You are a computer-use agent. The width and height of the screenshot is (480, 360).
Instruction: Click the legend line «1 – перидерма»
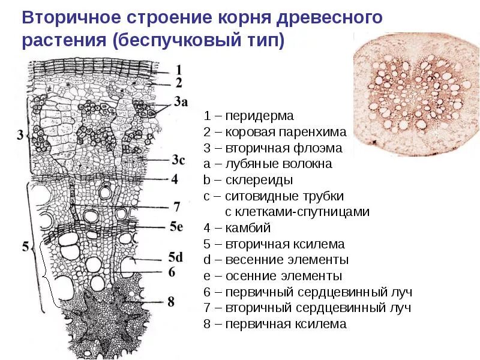pos(248,116)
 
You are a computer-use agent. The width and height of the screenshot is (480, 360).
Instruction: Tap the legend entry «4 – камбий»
pos(237,228)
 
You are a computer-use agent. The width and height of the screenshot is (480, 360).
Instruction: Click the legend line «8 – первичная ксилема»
pos(275,324)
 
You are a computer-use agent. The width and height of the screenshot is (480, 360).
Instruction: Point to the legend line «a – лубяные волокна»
pos(268,164)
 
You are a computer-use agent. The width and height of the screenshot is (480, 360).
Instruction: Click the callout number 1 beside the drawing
pos(178,70)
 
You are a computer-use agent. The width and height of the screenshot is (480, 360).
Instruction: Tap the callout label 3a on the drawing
pos(180,102)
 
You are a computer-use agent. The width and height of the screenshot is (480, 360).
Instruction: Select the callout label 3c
pos(178,160)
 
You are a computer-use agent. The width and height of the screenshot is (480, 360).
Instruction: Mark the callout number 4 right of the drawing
pos(175,179)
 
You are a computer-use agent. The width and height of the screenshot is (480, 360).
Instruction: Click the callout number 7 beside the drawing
pos(177,206)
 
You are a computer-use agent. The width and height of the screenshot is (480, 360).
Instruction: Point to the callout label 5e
pos(176,226)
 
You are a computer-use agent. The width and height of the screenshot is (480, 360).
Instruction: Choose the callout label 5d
pos(176,257)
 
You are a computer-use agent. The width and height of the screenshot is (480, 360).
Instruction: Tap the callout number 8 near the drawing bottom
pos(171,302)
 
